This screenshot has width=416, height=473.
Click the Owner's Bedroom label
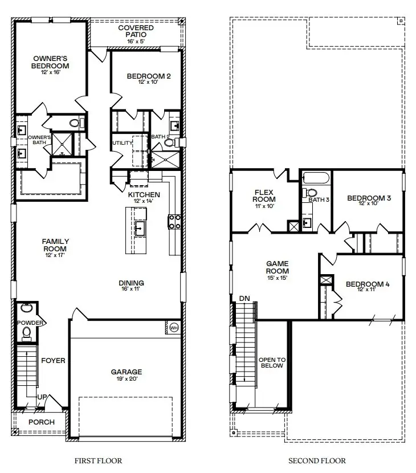tap(50, 62)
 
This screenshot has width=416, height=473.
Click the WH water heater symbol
tap(174, 328)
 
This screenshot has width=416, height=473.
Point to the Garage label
tap(127, 372)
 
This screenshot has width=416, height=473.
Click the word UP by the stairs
tap(42, 397)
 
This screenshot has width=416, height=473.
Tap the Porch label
tap(42, 422)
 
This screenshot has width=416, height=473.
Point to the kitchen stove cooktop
tap(174, 222)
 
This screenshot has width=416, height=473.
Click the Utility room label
tap(122, 142)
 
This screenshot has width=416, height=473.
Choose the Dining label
tap(131, 283)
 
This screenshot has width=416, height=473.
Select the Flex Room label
tap(264, 195)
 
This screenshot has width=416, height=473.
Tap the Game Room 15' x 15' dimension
tap(278, 279)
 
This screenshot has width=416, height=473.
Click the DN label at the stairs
tap(244, 298)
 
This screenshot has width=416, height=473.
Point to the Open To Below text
tap(272, 364)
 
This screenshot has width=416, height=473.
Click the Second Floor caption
tap(316, 460)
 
